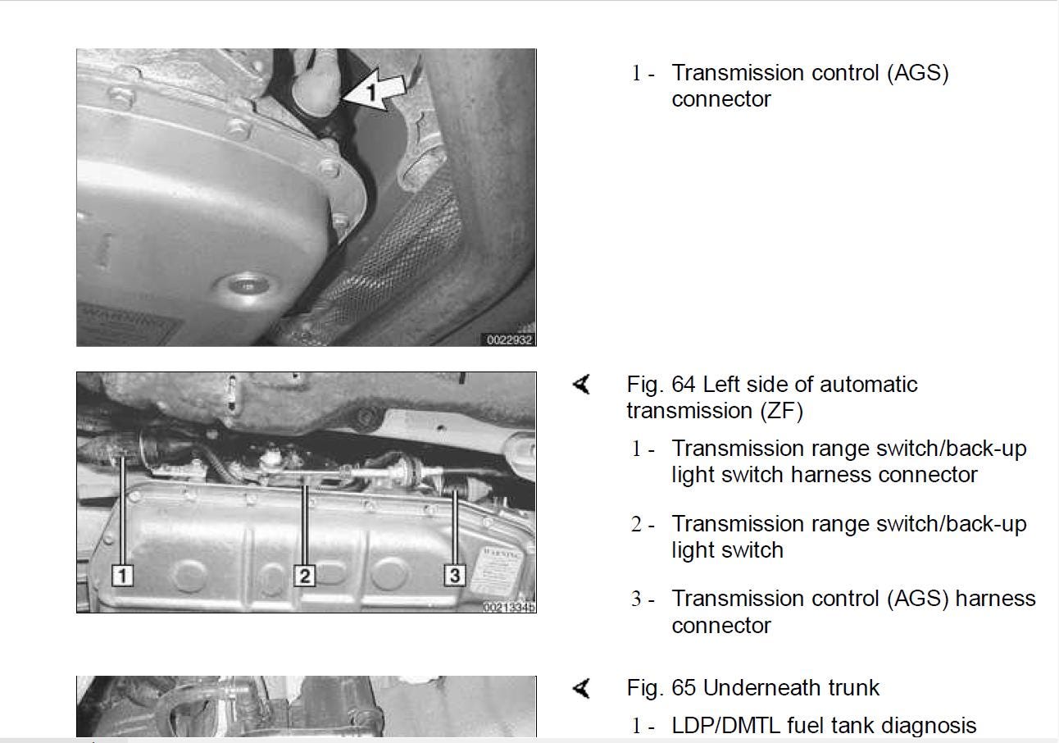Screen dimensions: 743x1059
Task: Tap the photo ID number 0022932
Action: [509, 340]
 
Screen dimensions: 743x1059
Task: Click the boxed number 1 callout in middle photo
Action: [122, 576]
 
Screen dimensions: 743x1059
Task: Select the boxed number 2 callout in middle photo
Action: [304, 576]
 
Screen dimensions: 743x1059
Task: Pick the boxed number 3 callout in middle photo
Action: [455, 576]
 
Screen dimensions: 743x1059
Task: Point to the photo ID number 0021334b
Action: [509, 607]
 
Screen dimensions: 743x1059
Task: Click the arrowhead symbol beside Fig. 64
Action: [582, 384]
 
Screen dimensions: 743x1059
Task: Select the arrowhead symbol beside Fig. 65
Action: [582, 688]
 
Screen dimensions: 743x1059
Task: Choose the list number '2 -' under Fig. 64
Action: [642, 525]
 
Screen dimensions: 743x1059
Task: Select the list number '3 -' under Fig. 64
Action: [642, 599]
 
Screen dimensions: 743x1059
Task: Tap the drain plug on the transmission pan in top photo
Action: [243, 286]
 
